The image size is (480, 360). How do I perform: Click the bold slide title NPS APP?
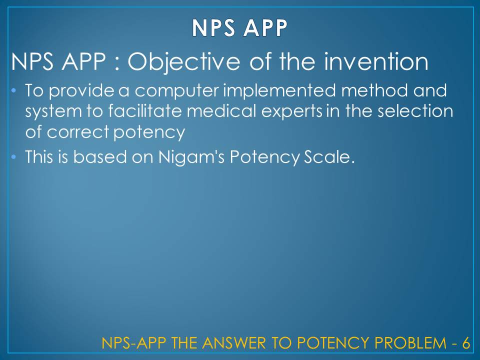click(x=240, y=28)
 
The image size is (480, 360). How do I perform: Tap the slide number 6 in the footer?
click(x=465, y=343)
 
